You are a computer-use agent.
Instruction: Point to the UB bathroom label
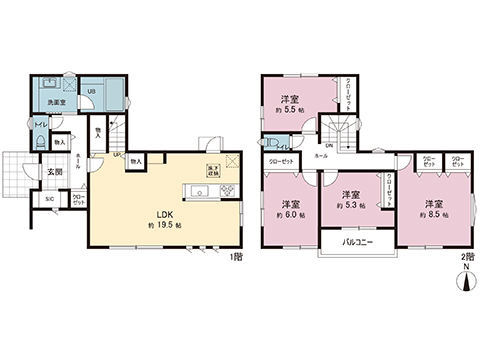(x=91, y=93)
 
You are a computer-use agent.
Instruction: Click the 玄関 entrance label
(x=57, y=171)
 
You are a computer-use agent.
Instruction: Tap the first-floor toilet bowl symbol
(x=40, y=142)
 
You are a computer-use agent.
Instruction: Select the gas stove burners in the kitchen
(x=225, y=191)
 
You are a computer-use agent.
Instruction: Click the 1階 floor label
(x=236, y=257)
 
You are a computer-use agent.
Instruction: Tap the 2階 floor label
(x=467, y=257)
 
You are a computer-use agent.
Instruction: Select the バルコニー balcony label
(x=357, y=242)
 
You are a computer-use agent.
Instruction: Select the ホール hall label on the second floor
(x=321, y=157)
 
